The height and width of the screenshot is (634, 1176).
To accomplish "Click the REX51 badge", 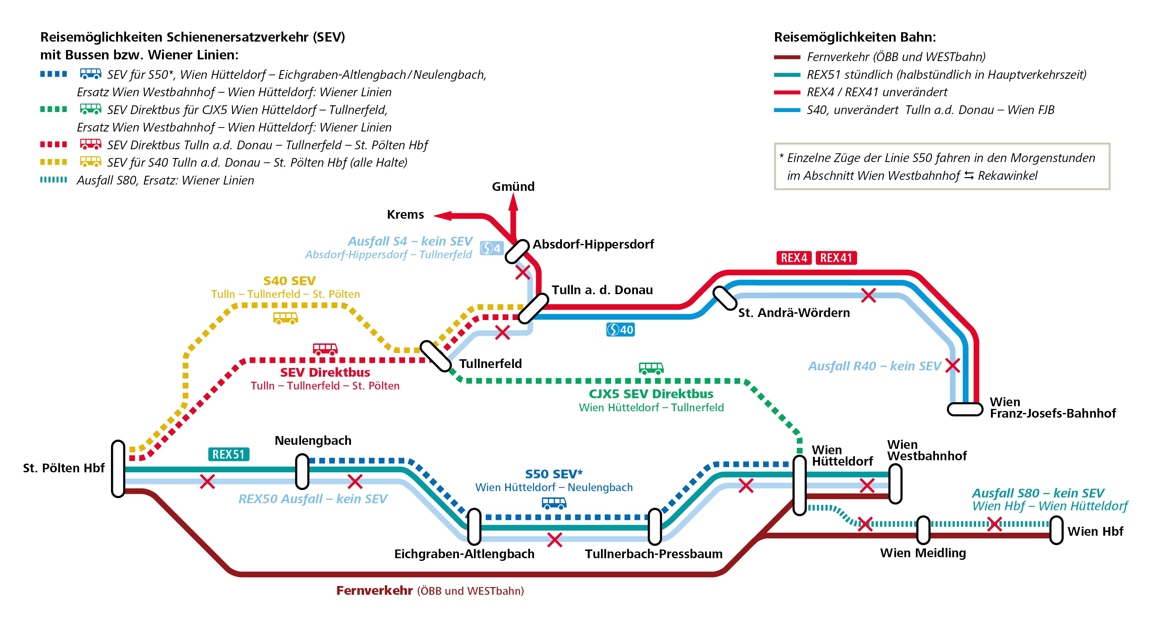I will coord(228,454).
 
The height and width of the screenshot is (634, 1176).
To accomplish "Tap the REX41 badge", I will coord(836,258).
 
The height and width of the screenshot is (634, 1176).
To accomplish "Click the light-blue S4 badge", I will coord(491,248).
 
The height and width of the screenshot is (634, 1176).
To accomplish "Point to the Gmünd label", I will coord(513,187).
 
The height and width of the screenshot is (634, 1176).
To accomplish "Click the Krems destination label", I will coord(405,214).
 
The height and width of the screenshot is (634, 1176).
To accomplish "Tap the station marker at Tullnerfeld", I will coord(435,356).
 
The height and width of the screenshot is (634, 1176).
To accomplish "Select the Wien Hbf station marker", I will coord(1056,530).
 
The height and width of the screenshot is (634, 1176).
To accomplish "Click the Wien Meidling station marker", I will coord(923,530).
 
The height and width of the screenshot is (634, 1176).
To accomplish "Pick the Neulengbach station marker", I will coord(302,471).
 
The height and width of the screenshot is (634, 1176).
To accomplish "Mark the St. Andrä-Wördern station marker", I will coord(725,298).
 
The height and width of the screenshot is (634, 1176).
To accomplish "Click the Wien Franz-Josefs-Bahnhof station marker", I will coord(965,409).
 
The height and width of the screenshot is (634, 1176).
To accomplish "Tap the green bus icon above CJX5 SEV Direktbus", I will coord(651,368).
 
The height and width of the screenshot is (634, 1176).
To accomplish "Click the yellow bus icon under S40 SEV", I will coord(285,318).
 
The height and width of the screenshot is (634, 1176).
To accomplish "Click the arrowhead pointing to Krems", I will coord(442,216).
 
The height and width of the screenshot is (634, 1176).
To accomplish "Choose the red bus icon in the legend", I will coord(91,144).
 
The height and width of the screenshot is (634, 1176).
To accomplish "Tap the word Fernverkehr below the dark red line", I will coord(374,591).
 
